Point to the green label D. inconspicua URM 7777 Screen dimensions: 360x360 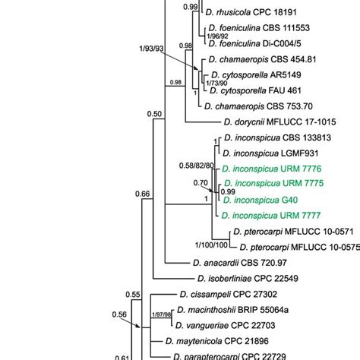pos(282,218)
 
